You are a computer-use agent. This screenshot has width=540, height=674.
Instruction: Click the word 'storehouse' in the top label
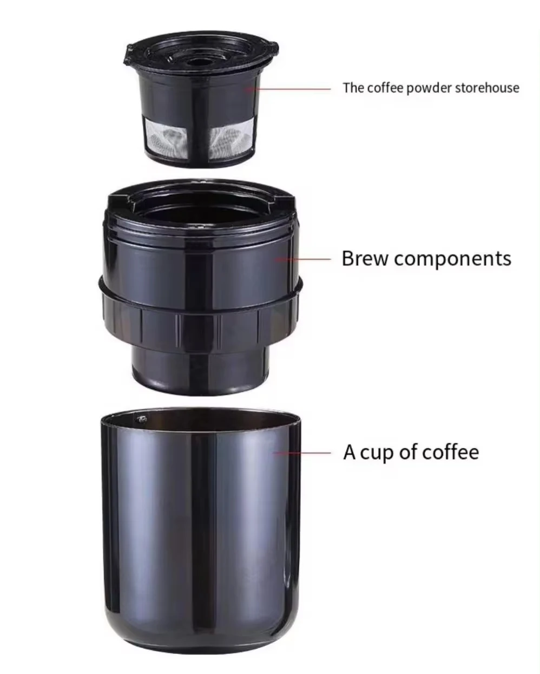coord(486,88)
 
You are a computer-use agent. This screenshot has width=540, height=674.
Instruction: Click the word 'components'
coord(452,259)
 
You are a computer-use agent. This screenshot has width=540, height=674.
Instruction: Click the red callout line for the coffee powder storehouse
coord(292,89)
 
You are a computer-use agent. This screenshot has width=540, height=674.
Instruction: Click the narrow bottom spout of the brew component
coord(200,368)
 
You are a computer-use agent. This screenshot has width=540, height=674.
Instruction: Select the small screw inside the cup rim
coord(142,419)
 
